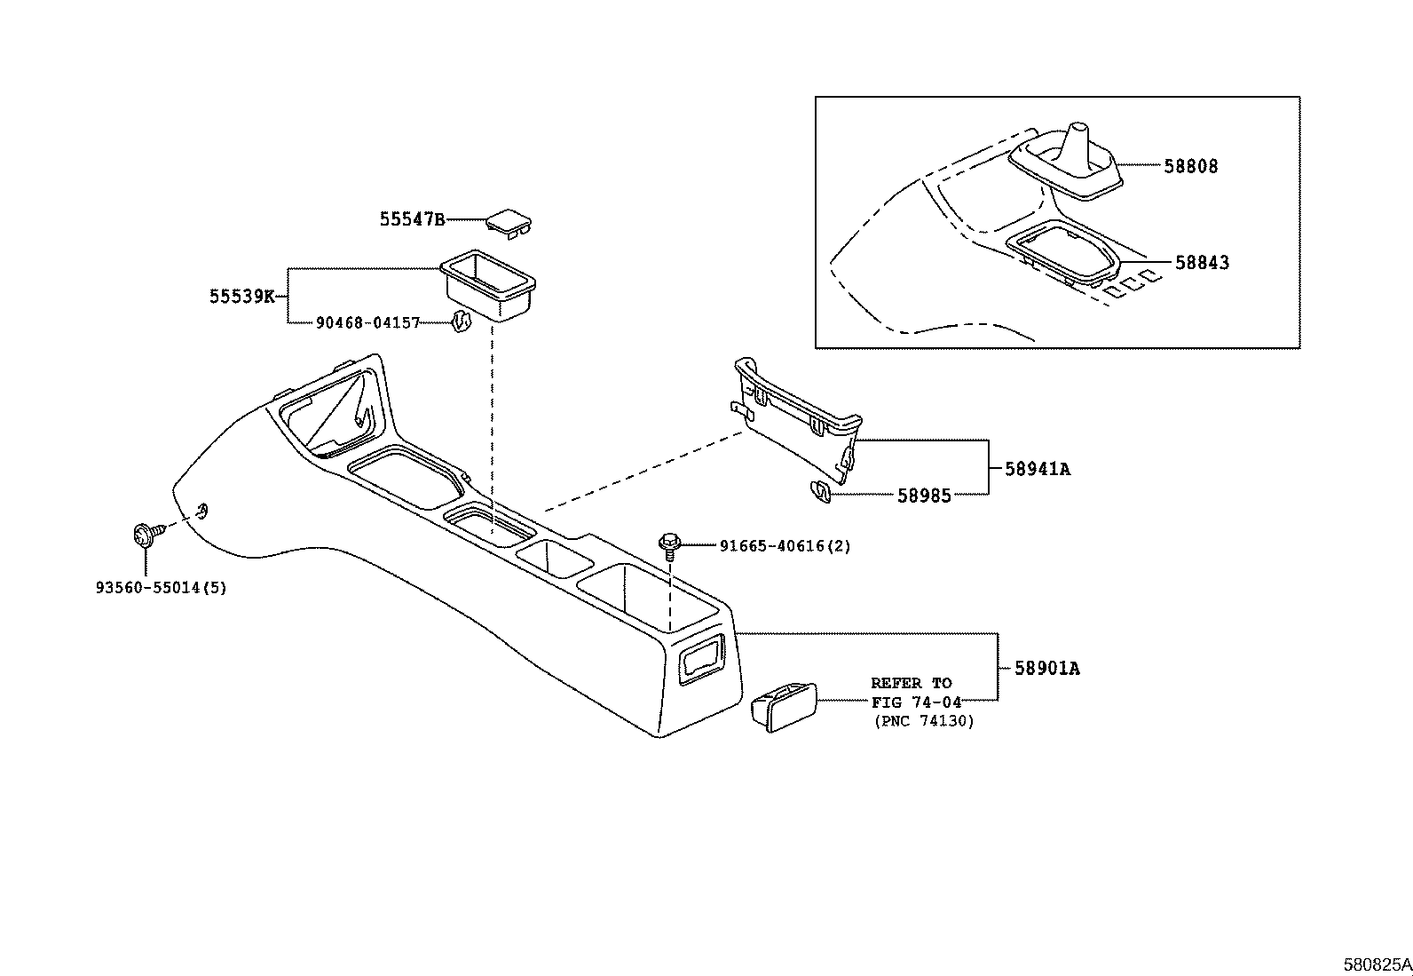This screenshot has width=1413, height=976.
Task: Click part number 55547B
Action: pyautogui.click(x=412, y=219)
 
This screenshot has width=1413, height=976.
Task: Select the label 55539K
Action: pyautogui.click(x=241, y=297)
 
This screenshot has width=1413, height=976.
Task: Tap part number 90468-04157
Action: pyautogui.click(x=367, y=323)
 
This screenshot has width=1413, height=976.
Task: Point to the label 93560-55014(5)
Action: pyautogui.click(x=161, y=588)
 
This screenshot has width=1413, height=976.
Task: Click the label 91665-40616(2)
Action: pyautogui.click(x=785, y=546)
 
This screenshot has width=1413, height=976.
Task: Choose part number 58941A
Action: pyautogui.click(x=1038, y=469)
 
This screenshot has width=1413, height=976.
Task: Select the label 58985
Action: pyautogui.click(x=923, y=496)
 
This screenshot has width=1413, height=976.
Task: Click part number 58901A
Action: pyautogui.click(x=1046, y=669)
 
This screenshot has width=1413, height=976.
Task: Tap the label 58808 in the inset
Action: pyautogui.click(x=1191, y=166)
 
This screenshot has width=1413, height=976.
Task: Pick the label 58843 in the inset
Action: pyautogui.click(x=1202, y=263)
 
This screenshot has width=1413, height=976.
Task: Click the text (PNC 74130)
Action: pyautogui.click(x=923, y=721)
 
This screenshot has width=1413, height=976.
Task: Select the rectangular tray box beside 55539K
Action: pyautogui.click(x=487, y=283)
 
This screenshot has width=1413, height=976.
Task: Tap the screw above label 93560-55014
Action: pyautogui.click(x=145, y=535)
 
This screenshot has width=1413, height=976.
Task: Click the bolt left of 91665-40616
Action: pyautogui.click(x=669, y=544)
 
